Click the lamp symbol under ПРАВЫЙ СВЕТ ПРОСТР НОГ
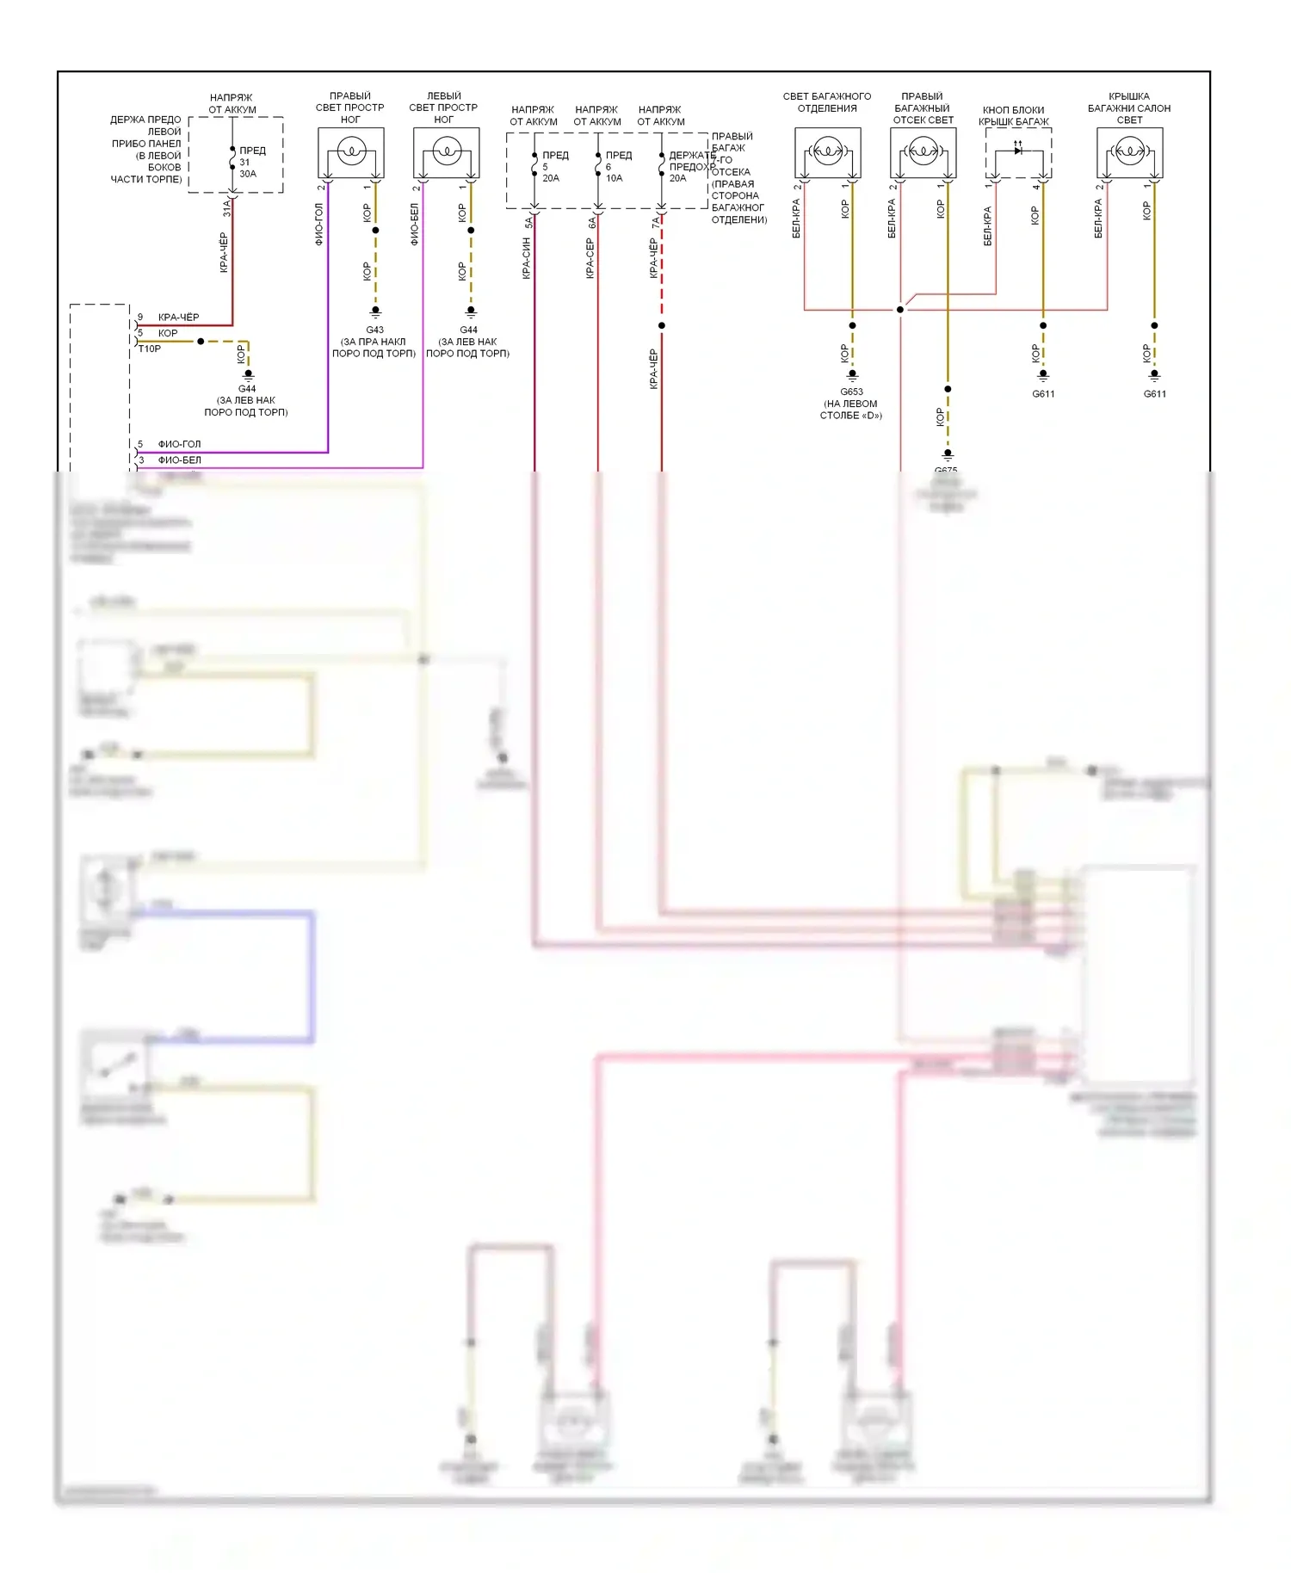[351, 153]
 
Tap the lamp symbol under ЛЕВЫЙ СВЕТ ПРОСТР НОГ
[446, 153]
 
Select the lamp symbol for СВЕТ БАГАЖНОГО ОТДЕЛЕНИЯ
[828, 153]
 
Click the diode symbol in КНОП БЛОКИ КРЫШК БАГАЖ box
[1018, 151]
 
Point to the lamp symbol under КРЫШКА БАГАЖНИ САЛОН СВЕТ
[1130, 153]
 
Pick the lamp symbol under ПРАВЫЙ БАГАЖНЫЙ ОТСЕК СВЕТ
[923, 153]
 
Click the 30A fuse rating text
[248, 174]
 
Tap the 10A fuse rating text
[614, 178]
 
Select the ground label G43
[374, 330]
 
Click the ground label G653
[851, 392]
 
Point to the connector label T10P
[150, 349]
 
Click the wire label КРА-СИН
[526, 258]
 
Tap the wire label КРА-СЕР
[590, 258]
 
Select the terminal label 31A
[227, 207]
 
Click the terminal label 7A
[656, 222]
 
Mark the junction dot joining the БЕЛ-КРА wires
[900, 310]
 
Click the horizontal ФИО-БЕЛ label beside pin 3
[179, 460]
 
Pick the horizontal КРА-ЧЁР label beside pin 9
[178, 318]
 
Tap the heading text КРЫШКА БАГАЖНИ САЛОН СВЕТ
[1129, 108]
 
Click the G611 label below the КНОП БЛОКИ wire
[1043, 394]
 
